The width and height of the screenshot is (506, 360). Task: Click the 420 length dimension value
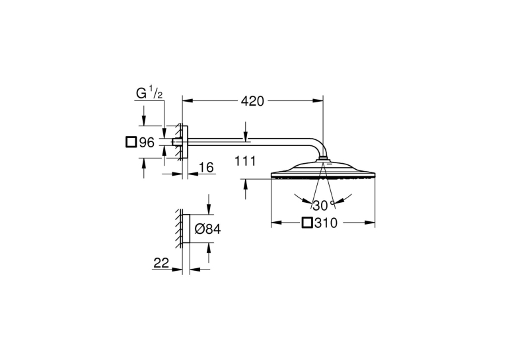(253, 101)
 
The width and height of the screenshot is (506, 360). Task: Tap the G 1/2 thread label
(149, 93)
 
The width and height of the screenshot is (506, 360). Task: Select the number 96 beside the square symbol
(147, 142)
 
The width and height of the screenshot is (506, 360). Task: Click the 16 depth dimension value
(206, 167)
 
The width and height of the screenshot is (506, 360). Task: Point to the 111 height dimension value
(245, 161)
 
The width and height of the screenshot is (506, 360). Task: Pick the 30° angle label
(323, 205)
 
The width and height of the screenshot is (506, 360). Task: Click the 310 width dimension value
(326, 223)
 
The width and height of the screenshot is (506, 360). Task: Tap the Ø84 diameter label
(208, 229)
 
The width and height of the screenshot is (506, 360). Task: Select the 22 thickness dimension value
(161, 263)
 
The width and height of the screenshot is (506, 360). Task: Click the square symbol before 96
(131, 142)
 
